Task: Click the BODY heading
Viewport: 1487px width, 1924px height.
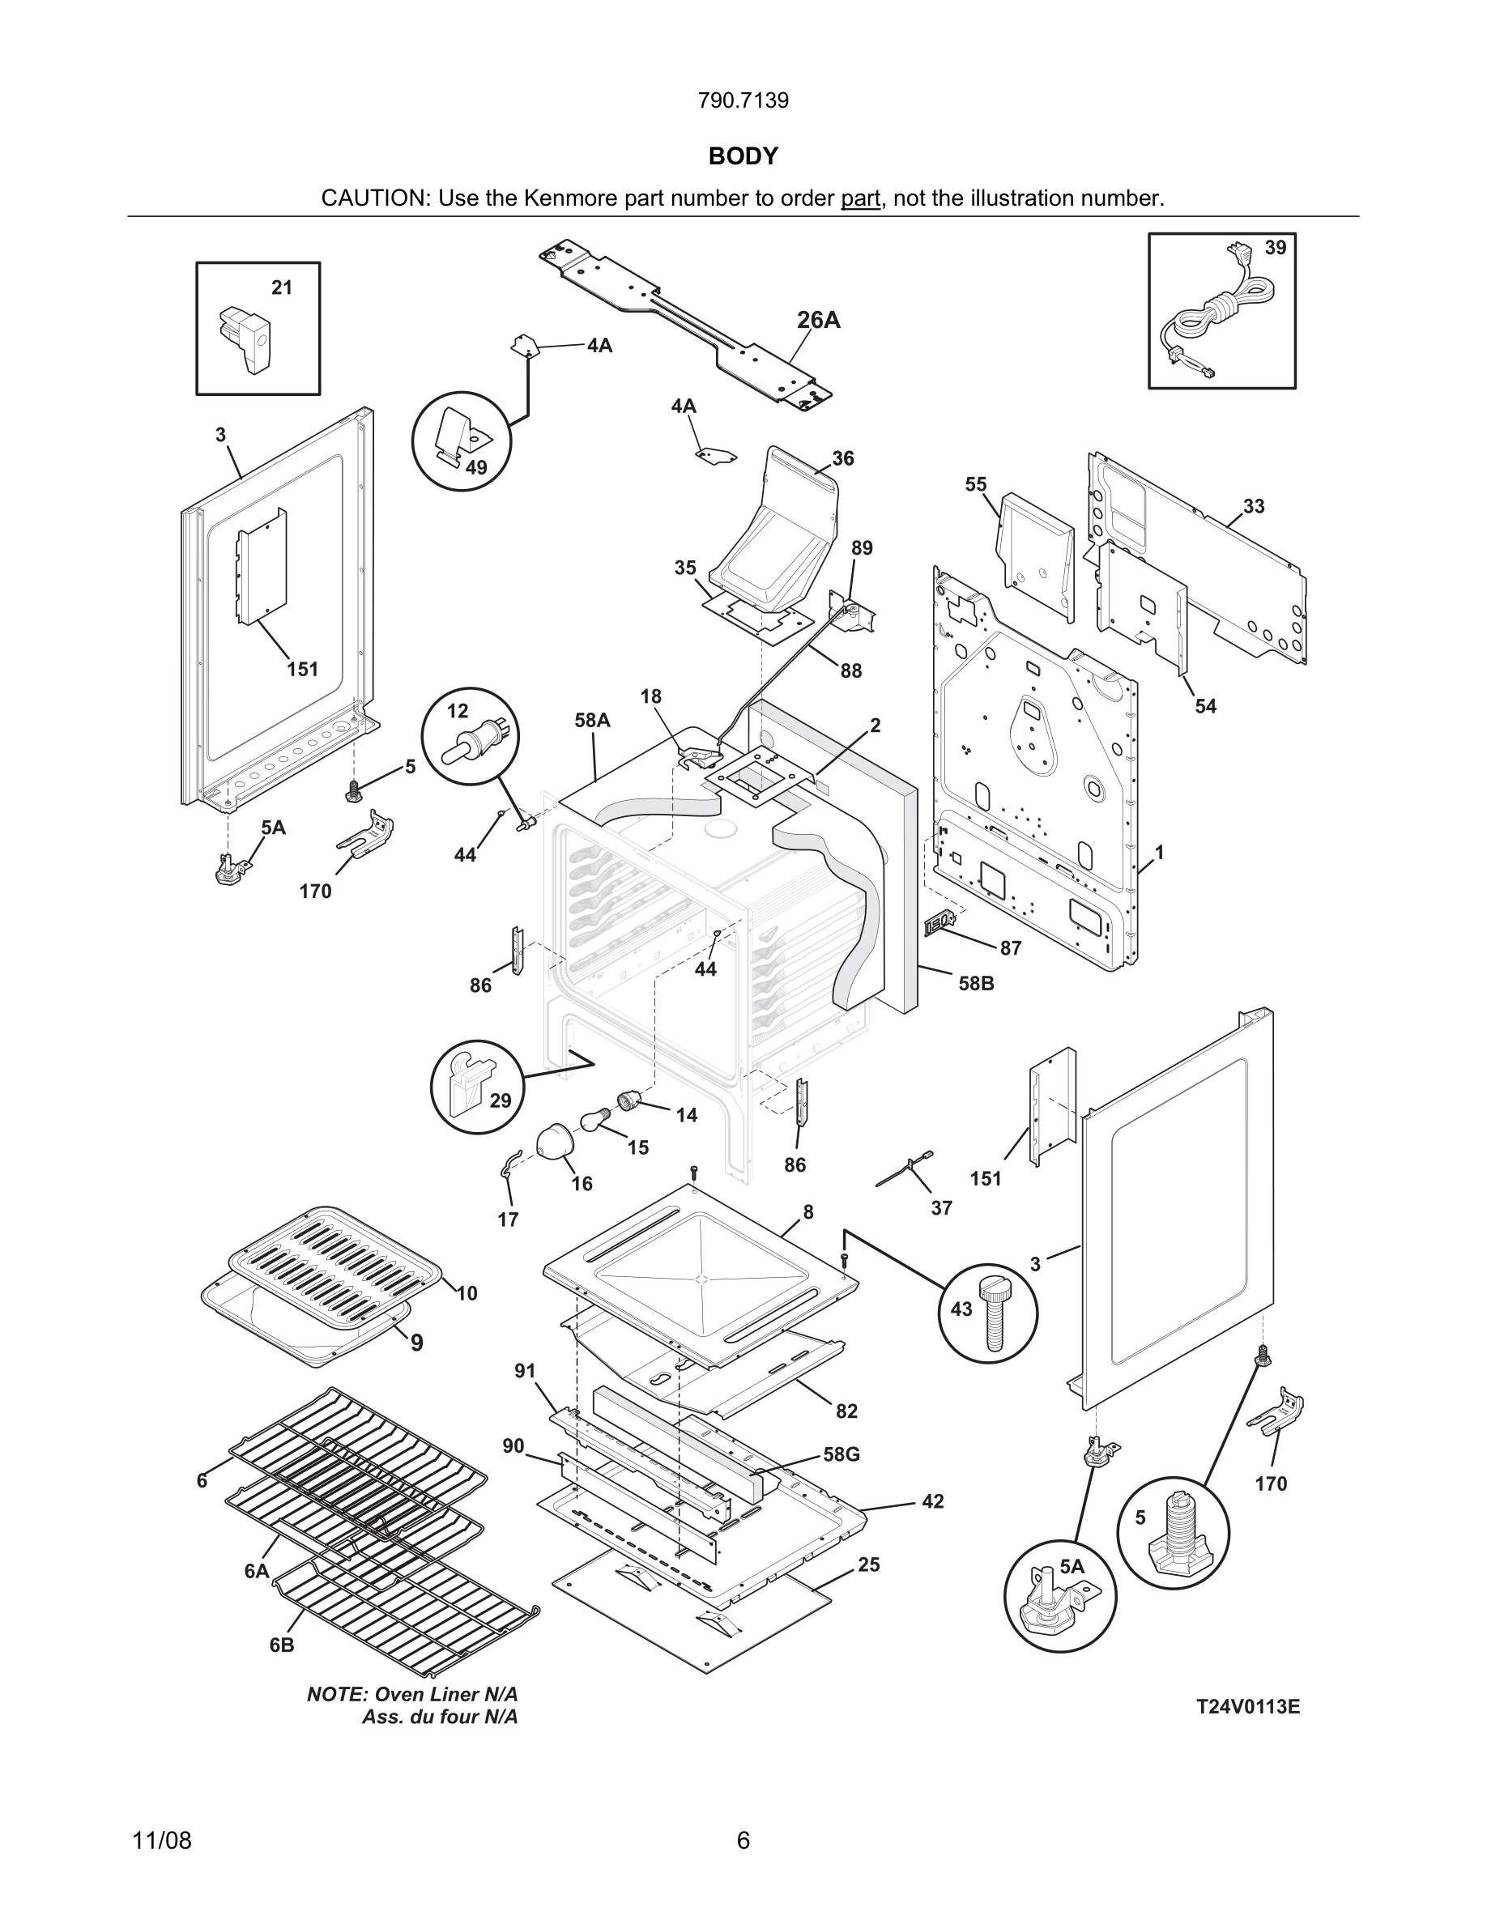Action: pos(743,156)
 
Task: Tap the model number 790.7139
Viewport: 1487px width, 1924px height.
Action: pos(743,100)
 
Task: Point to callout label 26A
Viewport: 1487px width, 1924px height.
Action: pos(818,321)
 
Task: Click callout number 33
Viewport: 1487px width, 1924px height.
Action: pos(1254,507)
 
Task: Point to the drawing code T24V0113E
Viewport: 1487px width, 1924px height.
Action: pos(1247,1707)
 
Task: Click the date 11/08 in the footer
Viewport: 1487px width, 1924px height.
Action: pos(161,1840)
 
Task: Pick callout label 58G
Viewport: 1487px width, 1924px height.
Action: pos(841,1454)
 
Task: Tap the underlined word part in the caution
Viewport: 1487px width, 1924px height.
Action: pos(860,198)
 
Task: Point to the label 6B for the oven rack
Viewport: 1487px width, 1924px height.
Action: pos(282,1645)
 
